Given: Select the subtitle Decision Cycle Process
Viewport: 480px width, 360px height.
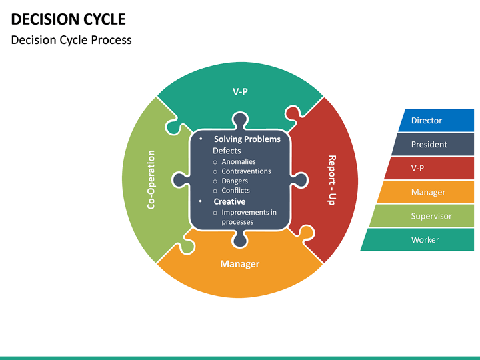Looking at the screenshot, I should [x=71, y=40].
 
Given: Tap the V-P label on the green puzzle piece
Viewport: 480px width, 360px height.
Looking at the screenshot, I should [x=240, y=91].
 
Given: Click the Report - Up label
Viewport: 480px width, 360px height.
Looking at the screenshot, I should [x=331, y=180].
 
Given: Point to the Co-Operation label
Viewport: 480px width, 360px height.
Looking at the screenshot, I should [x=151, y=180].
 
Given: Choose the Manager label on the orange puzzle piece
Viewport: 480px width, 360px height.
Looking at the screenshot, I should [x=240, y=264].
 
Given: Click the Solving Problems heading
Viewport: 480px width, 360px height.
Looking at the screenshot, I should [x=247, y=139].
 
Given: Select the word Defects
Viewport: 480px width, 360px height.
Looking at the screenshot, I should [x=227, y=151].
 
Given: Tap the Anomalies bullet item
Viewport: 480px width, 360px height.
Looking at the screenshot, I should [x=238, y=161].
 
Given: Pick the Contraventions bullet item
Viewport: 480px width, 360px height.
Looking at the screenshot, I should [x=246, y=171].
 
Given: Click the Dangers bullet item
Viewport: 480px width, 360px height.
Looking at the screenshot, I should [x=235, y=181].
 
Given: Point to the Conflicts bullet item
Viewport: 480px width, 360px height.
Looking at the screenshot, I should [x=235, y=191].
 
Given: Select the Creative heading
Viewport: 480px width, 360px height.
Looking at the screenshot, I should [x=229, y=201].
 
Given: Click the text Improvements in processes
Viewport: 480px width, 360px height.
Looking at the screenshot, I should [x=248, y=217].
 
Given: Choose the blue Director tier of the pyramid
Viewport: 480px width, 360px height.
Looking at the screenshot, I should [x=427, y=121].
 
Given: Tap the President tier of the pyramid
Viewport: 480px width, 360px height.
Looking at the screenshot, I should [x=429, y=145].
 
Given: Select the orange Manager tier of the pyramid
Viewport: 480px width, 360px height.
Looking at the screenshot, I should [x=427, y=193].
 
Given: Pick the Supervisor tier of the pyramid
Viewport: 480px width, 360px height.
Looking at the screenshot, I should [x=431, y=216].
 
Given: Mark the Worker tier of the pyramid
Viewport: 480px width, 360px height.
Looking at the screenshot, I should [x=425, y=240].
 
